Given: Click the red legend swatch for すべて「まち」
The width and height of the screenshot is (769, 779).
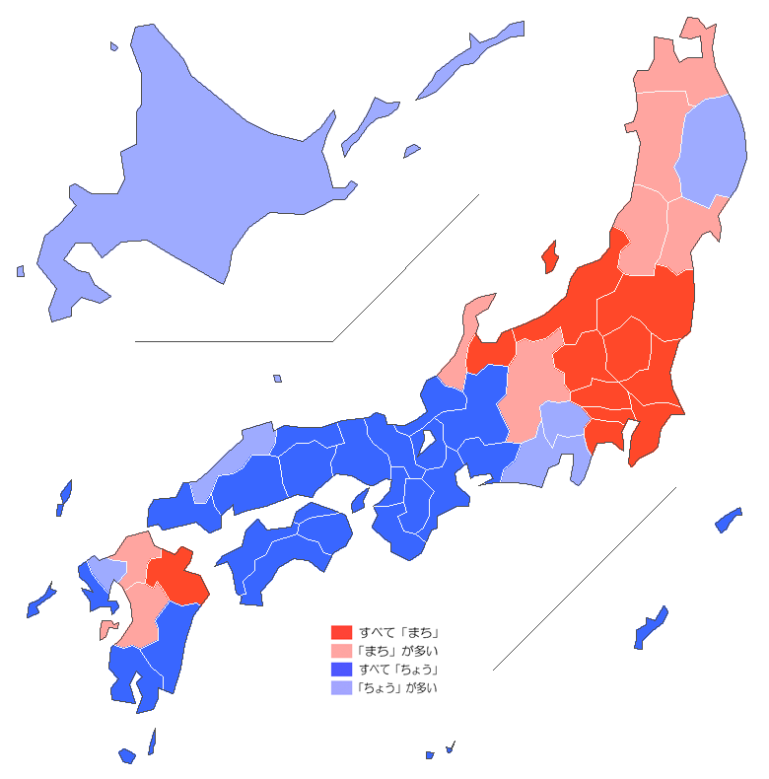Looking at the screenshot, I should (x=341, y=632).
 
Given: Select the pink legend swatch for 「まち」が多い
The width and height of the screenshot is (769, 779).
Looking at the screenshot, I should (x=341, y=651).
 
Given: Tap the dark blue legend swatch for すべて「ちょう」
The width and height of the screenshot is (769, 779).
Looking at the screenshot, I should (x=341, y=670).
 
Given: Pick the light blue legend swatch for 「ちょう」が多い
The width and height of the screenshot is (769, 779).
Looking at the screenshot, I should (x=341, y=688).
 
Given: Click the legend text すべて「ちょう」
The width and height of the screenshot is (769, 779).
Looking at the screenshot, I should (x=398, y=670).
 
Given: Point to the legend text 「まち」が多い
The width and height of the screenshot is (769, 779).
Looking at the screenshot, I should (x=398, y=651).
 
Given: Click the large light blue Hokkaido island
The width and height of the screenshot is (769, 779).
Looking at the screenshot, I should (x=197, y=168).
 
